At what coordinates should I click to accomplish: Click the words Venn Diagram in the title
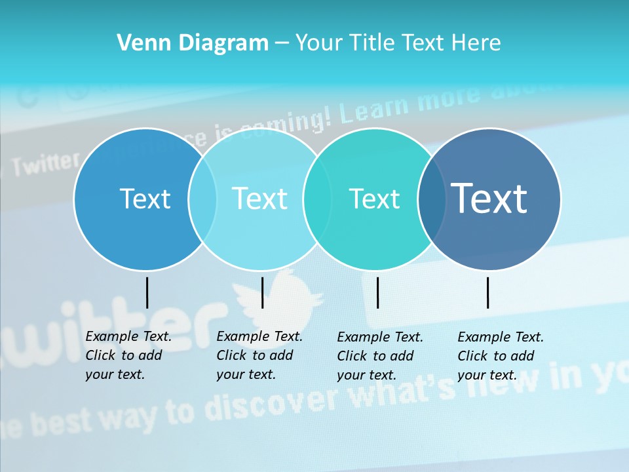(193, 43)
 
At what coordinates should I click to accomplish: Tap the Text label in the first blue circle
(145, 199)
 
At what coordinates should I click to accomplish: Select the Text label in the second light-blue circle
(259, 199)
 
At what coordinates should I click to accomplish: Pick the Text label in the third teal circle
(374, 199)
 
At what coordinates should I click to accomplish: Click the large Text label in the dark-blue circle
(489, 199)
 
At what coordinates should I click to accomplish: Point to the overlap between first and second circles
(202, 199)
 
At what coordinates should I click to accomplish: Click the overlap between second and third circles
(317, 199)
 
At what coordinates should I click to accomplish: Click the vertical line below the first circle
(147, 292)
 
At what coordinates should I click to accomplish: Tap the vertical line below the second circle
(262, 292)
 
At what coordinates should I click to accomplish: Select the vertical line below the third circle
(377, 292)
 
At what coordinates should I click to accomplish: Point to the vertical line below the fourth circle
(488, 292)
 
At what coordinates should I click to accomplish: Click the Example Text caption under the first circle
(128, 355)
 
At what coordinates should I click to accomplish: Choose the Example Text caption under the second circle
(259, 355)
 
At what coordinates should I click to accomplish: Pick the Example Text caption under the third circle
(380, 356)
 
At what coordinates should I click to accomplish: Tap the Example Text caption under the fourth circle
(501, 356)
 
